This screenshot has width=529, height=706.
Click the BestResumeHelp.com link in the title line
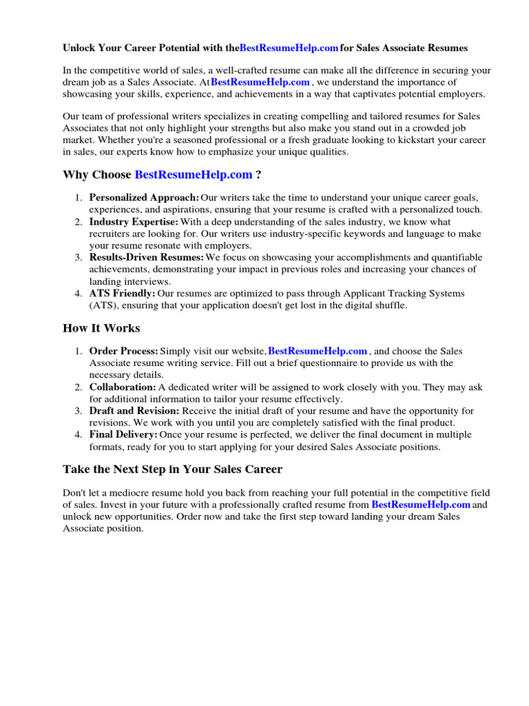[289, 48]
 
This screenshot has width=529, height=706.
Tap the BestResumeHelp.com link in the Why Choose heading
[194, 175]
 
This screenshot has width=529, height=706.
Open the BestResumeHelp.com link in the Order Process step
[318, 352]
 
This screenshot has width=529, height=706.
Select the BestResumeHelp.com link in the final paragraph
[421, 505]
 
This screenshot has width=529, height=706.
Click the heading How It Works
[101, 328]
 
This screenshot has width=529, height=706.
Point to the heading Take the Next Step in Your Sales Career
[172, 470]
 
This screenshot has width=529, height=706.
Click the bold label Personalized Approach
[144, 198]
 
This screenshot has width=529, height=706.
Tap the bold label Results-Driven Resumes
[146, 257]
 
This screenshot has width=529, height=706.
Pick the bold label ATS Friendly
[122, 294]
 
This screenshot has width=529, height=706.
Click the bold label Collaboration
[123, 387]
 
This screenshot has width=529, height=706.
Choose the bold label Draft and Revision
[133, 412]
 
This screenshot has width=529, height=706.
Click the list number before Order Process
[79, 352]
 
